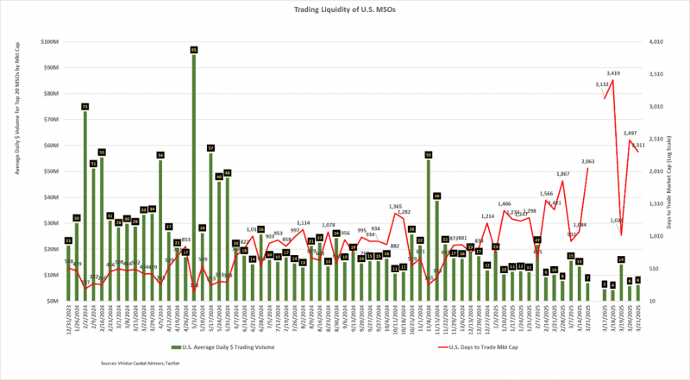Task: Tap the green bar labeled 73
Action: (85, 207)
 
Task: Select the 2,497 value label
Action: (630, 134)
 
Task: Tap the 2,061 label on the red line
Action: (588, 162)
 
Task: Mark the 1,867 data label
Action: (562, 174)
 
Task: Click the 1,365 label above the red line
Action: (395, 207)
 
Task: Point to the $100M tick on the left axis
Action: (48, 41)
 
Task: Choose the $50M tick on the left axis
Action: (50, 171)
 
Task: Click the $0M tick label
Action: (52, 301)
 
